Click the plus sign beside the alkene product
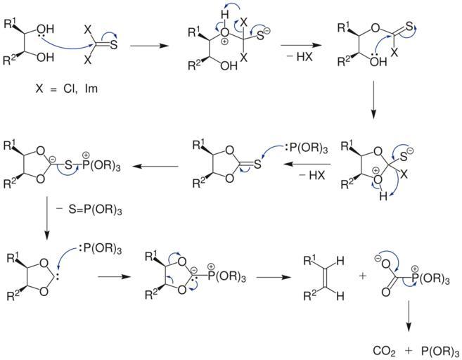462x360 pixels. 363,276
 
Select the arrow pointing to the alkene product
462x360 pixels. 274,277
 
